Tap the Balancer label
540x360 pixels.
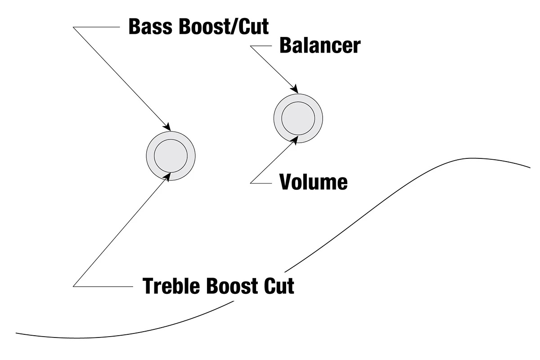[319, 45]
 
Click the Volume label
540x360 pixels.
[313, 182]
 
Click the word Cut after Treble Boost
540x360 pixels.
[280, 286]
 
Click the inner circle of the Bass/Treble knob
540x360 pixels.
[171, 156]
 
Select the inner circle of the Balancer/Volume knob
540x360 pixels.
[298, 118]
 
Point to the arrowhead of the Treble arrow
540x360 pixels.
[169, 175]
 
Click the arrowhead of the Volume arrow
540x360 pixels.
[296, 139]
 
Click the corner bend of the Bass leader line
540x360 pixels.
[73, 27]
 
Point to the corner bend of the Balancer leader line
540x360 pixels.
[251, 46]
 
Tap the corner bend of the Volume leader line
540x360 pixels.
[251, 183]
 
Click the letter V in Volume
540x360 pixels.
[285, 182]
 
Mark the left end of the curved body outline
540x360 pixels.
[17, 333]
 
